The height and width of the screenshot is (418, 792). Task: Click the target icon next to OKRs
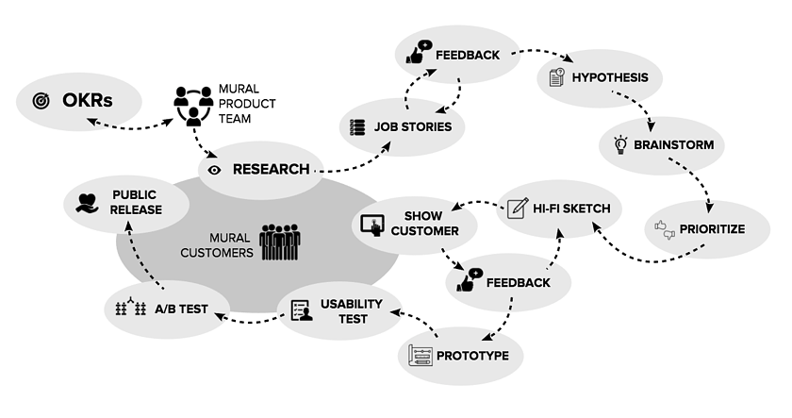[x=41, y=99]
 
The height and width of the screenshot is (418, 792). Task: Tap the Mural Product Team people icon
[x=193, y=106]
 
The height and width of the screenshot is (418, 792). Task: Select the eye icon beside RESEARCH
[x=214, y=170]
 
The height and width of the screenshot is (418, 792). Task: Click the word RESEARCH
[x=271, y=170]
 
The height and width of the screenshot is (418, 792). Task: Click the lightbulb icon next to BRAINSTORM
[x=620, y=145]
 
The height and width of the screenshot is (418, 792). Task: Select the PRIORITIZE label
[x=713, y=229]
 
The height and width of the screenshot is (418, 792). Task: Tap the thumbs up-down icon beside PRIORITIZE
[x=666, y=229]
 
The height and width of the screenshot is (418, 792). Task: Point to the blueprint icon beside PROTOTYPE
[x=421, y=355]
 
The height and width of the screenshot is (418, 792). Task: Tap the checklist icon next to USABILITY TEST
[x=300, y=310]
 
